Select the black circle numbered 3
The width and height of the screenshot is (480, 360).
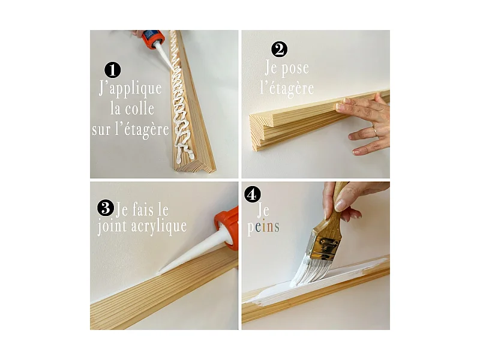point(105,208)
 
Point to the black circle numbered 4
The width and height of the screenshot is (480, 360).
point(253,195)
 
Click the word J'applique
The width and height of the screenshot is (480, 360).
point(130,89)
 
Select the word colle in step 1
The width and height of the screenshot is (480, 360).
point(140,109)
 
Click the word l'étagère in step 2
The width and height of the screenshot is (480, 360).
point(287,89)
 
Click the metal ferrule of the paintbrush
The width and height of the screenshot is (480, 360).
point(325,246)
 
